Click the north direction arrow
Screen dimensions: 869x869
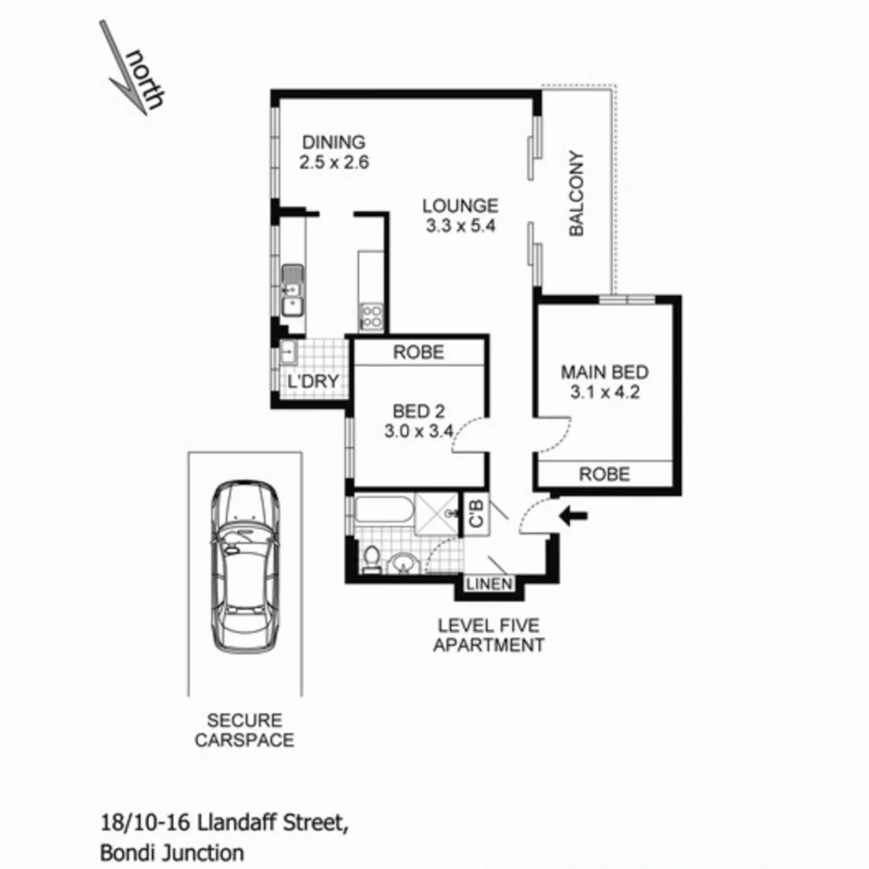click(x=129, y=68)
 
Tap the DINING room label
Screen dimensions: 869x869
click(x=334, y=142)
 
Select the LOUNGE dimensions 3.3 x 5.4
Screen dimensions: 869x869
click(x=459, y=226)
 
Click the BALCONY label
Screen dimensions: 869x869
click(x=576, y=194)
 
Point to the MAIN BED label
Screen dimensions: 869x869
click(x=604, y=373)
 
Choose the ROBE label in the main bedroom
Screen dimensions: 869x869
click(x=604, y=475)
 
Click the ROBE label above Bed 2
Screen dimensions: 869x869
click(x=418, y=352)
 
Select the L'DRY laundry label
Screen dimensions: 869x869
click(x=313, y=381)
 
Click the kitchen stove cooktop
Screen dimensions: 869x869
click(x=371, y=315)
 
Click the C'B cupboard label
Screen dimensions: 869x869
click(x=476, y=513)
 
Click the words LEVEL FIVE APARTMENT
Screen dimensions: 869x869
click(x=488, y=635)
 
